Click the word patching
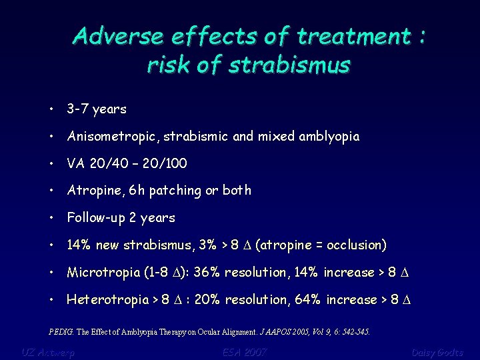tap(176, 191)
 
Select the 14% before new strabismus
tap(80, 245)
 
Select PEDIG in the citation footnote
tap(61, 331)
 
